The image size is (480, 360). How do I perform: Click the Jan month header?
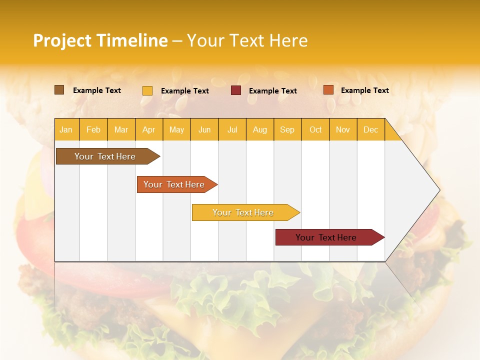point(66,129)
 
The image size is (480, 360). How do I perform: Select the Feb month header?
point(93,129)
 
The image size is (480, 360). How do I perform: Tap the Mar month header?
point(121,129)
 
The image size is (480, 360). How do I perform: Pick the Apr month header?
point(149,129)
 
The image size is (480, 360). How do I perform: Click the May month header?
point(176,129)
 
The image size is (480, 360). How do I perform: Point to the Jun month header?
point(204,129)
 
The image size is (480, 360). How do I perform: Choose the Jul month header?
point(232,129)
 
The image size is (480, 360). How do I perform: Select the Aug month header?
point(260,129)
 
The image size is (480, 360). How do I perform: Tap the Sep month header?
point(287,129)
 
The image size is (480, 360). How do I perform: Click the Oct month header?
point(315,129)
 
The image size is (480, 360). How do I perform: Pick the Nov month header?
point(343,129)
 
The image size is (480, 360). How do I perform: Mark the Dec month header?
point(371,129)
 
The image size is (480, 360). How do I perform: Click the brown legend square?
point(59,90)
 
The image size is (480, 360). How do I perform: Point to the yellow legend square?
point(147,90)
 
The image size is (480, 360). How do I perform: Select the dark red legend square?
point(236,90)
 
